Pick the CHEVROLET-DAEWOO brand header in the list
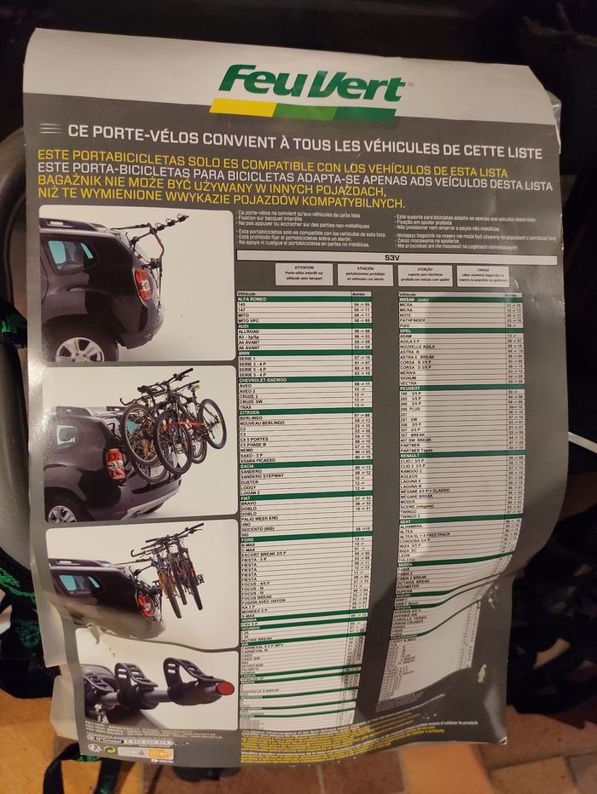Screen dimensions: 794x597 click(x=265, y=379)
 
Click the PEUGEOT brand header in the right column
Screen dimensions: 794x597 click(x=414, y=388)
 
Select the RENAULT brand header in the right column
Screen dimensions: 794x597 click(x=413, y=455)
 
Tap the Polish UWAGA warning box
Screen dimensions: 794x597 click(x=483, y=275)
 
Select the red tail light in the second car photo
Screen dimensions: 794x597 click(x=114, y=464)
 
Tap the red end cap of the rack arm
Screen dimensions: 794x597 click(x=224, y=688)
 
